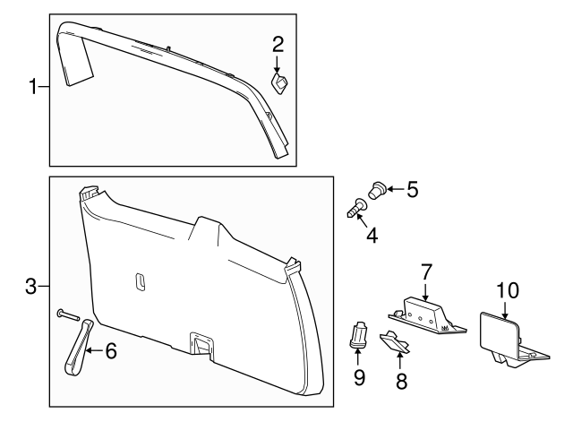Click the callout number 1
tap(33, 87)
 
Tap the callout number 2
tap(278, 43)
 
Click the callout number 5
tap(412, 189)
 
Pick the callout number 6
tap(111, 351)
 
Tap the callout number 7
tap(426, 270)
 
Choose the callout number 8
tap(401, 382)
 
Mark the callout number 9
tap(359, 377)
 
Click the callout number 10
tap(507, 289)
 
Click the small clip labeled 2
tap(279, 83)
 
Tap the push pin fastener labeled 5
tap(377, 190)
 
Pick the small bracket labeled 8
tap(394, 344)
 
